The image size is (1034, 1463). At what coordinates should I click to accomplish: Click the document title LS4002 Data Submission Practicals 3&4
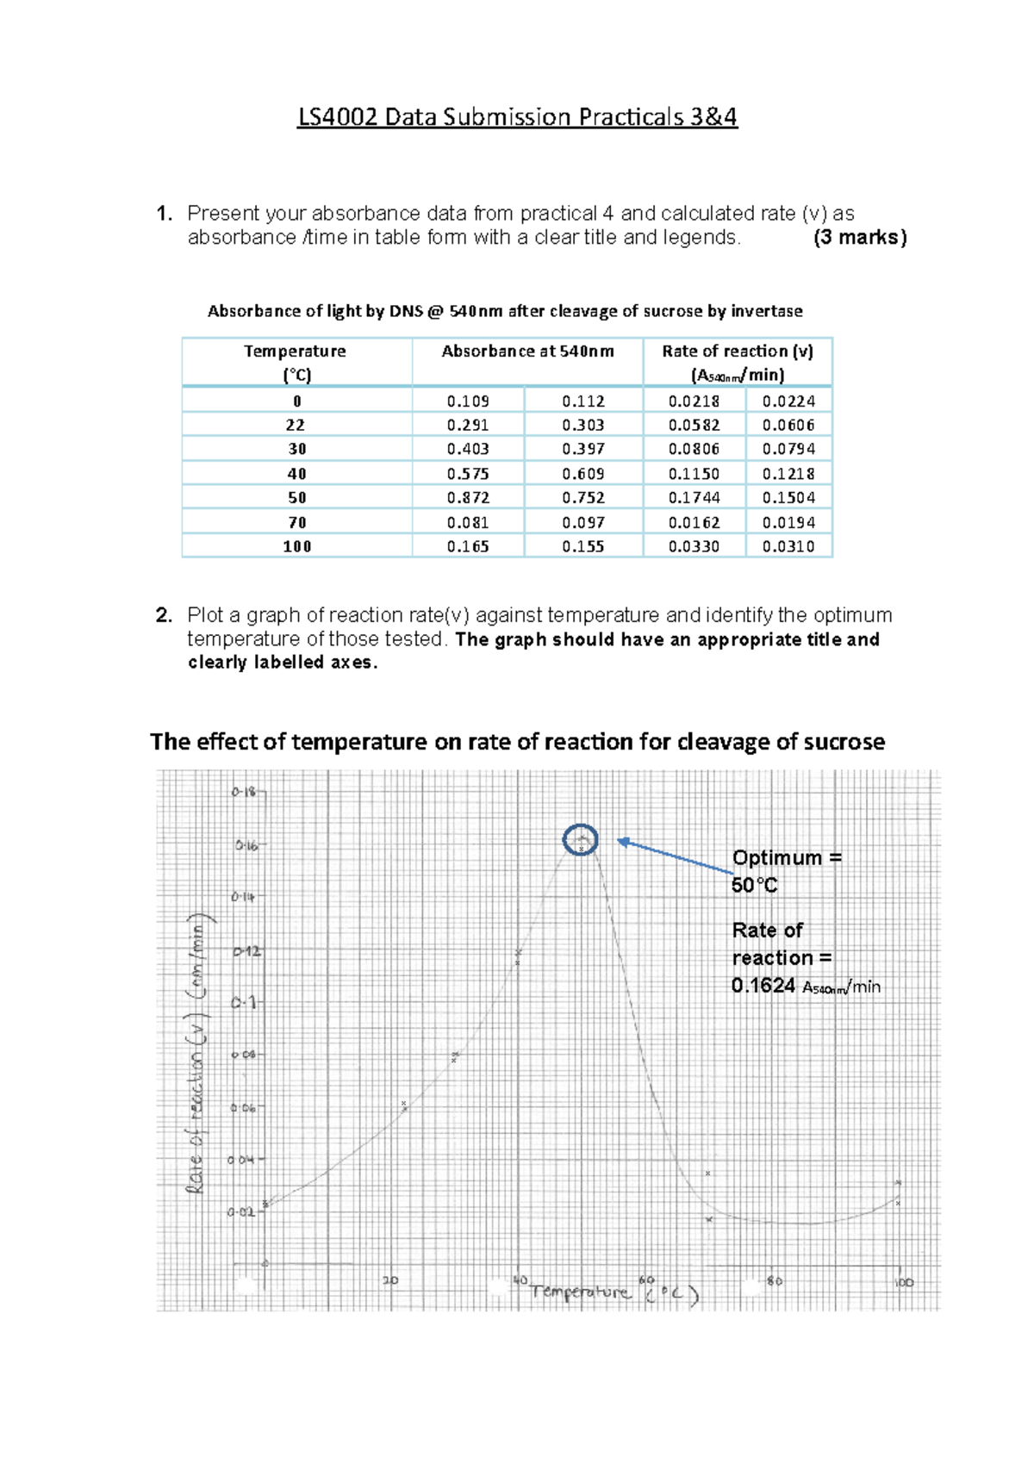[517, 117]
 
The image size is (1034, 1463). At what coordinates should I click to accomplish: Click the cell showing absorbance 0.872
[468, 498]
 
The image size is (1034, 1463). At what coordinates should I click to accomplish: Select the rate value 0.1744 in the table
[694, 498]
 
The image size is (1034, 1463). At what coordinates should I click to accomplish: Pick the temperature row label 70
[296, 523]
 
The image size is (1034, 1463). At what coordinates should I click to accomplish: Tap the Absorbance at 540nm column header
[527, 352]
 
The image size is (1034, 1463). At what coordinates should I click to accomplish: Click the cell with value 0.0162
[694, 523]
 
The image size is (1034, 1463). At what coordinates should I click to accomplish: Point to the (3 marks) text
[859, 238]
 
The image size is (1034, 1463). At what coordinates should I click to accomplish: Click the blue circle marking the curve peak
[580, 839]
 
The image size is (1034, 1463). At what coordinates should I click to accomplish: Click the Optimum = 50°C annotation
[785, 871]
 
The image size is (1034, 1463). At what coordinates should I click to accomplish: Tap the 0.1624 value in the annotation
[763, 987]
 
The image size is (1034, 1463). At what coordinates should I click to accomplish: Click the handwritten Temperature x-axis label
[581, 1292]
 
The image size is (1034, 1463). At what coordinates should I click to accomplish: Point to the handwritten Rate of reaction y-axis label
[197, 1051]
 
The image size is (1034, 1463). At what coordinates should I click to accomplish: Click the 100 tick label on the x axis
[902, 1283]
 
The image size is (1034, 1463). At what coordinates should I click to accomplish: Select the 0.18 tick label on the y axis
[243, 792]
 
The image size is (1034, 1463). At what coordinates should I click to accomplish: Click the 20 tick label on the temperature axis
[390, 1280]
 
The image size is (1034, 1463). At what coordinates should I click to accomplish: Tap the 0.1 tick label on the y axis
[243, 1003]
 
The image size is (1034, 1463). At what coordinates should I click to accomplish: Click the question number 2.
[164, 615]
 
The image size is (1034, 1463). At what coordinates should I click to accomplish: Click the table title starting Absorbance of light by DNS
[505, 311]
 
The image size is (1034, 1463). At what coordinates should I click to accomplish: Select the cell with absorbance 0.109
[468, 402]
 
